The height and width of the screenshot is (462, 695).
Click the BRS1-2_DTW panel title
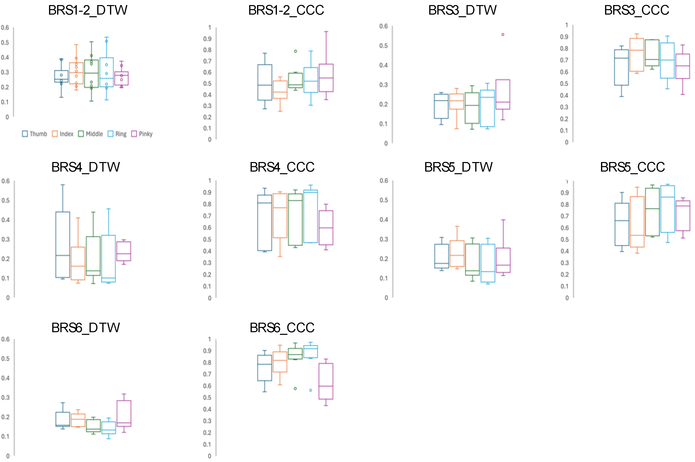88,10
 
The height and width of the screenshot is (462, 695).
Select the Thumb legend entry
34,134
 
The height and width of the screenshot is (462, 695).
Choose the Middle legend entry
90,134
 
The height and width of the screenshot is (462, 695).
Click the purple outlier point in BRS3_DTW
503,34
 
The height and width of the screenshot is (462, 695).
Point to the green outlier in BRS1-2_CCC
295,51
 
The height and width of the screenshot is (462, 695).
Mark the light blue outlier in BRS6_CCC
310,390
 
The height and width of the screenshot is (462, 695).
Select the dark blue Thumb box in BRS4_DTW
63,245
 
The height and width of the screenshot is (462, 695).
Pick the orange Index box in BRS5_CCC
637,222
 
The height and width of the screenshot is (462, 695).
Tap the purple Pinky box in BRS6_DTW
124,413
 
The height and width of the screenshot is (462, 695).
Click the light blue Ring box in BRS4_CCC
310,216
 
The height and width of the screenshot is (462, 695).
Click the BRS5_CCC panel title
632,167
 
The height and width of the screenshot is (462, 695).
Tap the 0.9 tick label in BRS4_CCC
207,192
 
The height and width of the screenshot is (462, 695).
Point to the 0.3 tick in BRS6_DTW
5,398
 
